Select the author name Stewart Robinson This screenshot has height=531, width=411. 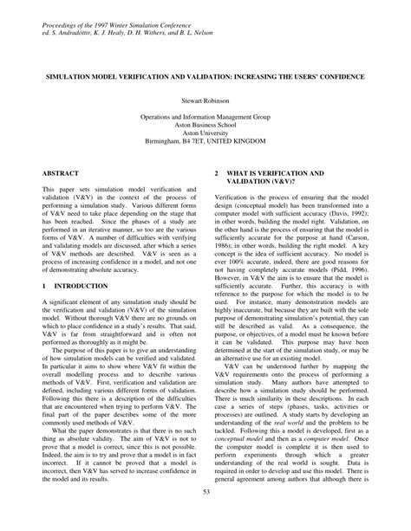[205, 101]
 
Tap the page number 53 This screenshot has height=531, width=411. [205, 517]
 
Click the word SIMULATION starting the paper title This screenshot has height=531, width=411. [68, 76]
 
